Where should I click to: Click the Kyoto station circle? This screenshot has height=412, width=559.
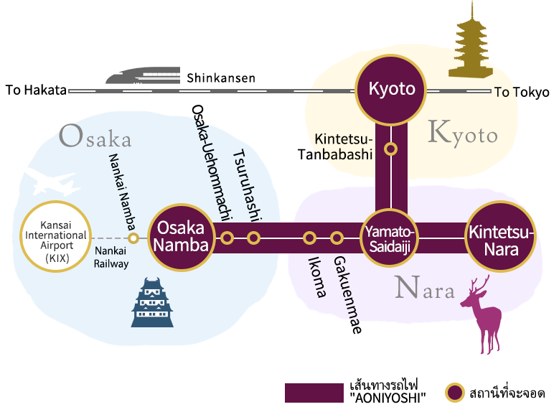(391, 90)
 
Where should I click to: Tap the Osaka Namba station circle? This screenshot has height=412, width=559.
(182, 238)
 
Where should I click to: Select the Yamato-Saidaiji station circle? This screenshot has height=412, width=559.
(390, 238)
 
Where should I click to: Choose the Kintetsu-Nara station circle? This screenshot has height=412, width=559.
(501, 236)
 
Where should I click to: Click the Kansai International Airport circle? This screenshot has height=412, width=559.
(56, 236)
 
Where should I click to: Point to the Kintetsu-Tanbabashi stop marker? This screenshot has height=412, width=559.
(391, 149)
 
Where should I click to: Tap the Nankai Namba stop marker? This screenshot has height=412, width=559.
(133, 238)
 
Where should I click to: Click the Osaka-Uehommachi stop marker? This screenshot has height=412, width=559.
(227, 238)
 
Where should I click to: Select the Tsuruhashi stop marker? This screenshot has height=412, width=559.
(253, 238)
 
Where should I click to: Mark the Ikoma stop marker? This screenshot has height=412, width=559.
(309, 238)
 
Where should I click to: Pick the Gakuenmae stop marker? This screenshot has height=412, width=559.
(337, 238)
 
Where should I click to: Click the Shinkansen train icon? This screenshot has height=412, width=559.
(143, 75)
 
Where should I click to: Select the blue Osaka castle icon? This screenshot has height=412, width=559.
(152, 302)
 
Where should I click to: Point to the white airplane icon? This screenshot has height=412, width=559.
(52, 182)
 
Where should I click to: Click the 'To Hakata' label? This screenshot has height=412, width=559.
(36, 90)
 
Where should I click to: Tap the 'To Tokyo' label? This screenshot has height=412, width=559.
(522, 92)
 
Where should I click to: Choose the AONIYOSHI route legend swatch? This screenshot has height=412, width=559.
(314, 393)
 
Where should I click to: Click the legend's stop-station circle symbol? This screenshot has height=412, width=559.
(454, 393)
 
